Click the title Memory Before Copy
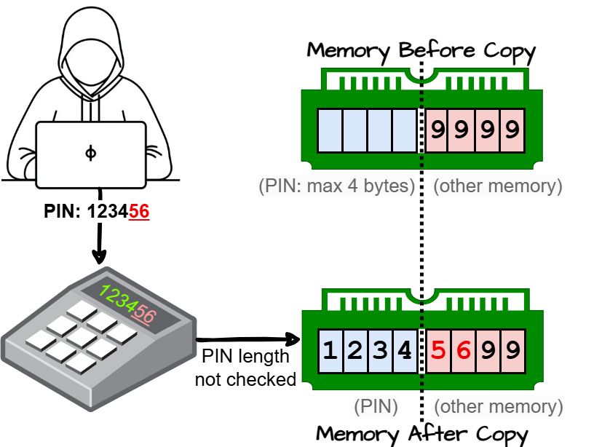pos(421,52)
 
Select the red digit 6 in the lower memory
pos(462,351)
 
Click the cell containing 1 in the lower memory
pos(330,351)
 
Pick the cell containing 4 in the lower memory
pos(404,351)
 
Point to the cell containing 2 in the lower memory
pos(355,351)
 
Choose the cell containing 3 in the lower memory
pos(379,351)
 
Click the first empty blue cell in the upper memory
pos(330,131)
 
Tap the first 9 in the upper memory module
pos(438,131)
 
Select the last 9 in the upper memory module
pos(512,131)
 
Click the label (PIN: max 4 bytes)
pos(336,186)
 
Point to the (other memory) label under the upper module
pos(498,186)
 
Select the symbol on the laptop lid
pos(90,153)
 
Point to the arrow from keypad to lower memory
pos(247,339)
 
